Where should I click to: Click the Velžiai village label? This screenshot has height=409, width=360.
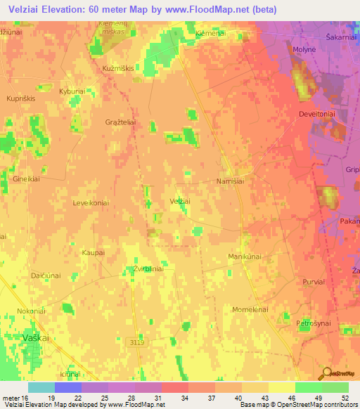pos(181,202)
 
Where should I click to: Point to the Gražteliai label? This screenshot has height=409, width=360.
pos(121,122)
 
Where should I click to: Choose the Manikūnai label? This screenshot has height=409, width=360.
pos(245,257)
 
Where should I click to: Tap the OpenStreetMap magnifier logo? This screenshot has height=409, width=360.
pos(326,372)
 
